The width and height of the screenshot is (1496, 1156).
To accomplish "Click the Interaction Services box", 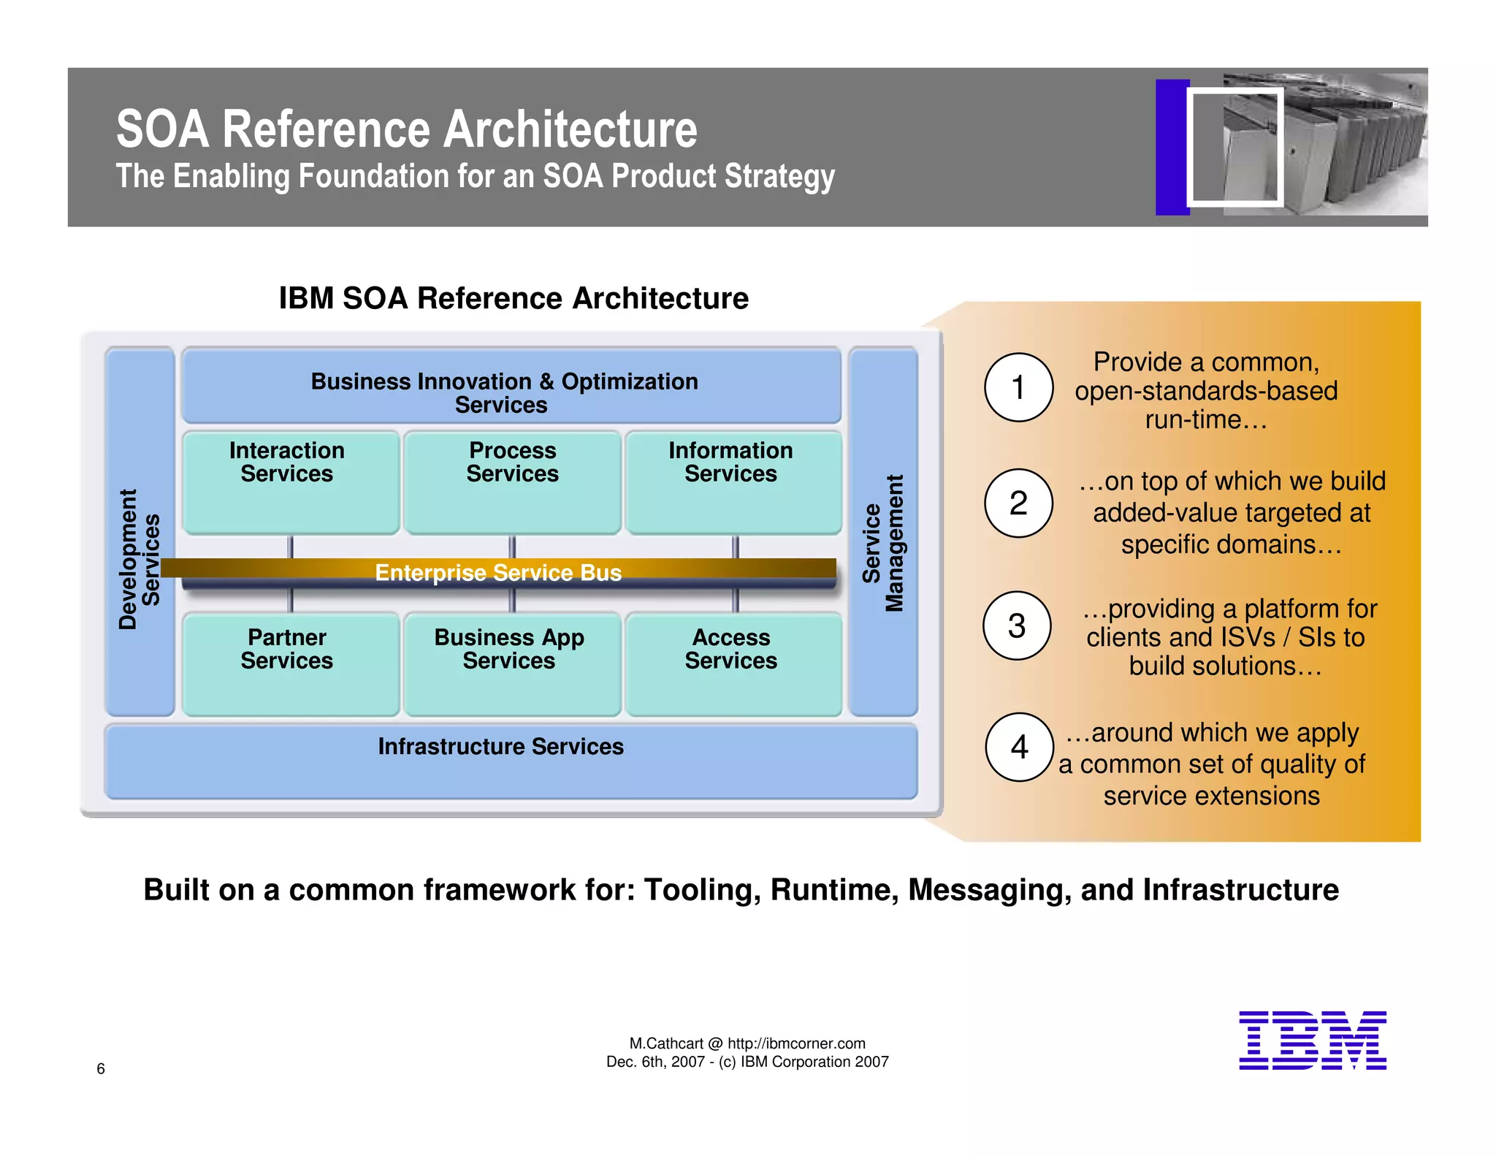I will [290, 482].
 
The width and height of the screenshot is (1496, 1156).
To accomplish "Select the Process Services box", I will [512, 482].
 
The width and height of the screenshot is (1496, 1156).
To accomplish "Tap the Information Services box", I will [733, 482].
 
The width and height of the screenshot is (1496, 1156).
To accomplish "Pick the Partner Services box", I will [290, 663].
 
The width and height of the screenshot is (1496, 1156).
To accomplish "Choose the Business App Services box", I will [511, 663].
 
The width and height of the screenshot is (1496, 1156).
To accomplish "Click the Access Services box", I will [733, 663].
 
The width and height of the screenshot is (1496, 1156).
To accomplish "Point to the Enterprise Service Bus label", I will [498, 572].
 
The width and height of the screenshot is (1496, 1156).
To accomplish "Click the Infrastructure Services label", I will [500, 746].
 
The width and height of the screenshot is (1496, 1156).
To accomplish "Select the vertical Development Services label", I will [139, 559].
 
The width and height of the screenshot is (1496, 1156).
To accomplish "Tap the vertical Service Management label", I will [883, 543].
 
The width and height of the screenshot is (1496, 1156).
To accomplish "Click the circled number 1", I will [1018, 387].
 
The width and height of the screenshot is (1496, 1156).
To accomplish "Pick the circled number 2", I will [1018, 503].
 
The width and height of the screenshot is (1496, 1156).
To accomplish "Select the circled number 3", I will [1017, 625].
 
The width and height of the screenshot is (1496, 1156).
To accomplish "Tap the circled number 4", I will [1019, 747].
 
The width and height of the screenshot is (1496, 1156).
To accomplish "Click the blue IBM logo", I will [1312, 1041].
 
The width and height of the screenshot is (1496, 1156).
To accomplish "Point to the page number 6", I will [101, 1068].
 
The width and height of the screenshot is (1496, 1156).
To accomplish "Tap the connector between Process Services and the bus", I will [512, 547].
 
